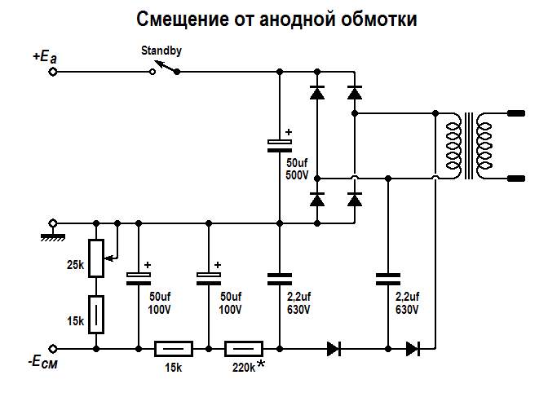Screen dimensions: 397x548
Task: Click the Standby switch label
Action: point(161,51)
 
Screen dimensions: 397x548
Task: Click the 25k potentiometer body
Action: point(96,257)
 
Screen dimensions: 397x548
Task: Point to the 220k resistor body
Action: point(243,349)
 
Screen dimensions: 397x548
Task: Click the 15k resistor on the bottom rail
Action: point(174,349)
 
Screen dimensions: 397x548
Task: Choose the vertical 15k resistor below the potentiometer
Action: point(96,314)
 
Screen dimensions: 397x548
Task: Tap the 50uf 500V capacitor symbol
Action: point(279,144)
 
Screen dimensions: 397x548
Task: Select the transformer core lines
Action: point(467,148)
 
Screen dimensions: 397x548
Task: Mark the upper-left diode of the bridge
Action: point(317,93)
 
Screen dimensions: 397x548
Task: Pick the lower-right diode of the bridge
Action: point(354,199)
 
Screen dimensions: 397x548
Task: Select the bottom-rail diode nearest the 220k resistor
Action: point(334,349)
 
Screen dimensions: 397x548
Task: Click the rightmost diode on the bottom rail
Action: point(413,349)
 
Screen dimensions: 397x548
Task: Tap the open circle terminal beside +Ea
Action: point(54,72)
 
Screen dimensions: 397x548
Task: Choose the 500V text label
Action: point(297,174)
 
